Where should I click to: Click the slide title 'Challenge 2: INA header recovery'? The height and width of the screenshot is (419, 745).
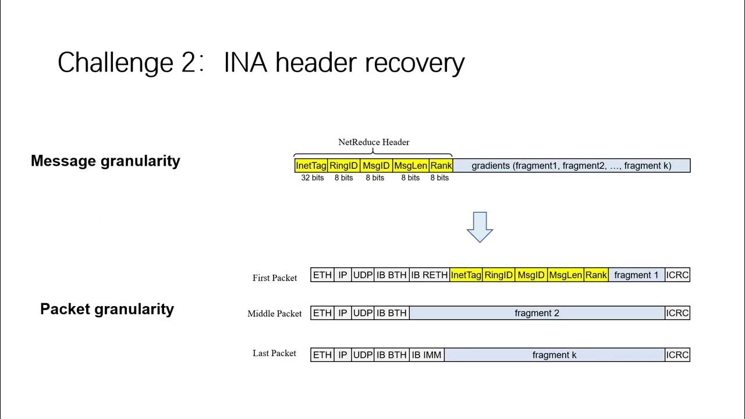click(261, 62)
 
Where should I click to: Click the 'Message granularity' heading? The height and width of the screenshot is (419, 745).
click(105, 161)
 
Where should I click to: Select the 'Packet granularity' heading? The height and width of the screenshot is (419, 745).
click(107, 309)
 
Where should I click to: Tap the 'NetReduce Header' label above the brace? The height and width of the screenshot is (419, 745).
click(374, 142)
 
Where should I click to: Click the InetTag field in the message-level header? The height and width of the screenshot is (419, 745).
click(311, 166)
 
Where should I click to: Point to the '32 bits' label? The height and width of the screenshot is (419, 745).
click(313, 178)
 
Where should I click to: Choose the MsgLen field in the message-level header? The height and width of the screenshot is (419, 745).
click(410, 166)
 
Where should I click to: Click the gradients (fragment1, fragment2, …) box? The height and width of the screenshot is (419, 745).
click(571, 166)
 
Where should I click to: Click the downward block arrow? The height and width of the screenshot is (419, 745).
click(480, 227)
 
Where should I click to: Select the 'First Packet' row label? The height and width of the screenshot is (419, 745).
click(275, 278)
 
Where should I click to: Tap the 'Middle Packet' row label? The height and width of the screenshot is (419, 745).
click(275, 314)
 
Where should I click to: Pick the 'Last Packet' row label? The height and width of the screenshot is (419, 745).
click(275, 353)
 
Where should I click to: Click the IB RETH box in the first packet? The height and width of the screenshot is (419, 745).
click(429, 275)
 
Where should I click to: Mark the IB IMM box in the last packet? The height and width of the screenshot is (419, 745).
click(427, 355)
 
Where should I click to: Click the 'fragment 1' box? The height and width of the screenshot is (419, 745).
click(636, 275)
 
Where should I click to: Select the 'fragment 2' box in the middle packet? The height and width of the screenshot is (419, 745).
click(537, 313)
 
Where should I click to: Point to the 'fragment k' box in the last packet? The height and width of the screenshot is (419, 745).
click(554, 355)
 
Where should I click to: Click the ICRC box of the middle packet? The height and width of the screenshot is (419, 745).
click(677, 313)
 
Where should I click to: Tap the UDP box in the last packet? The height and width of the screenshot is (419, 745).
click(363, 355)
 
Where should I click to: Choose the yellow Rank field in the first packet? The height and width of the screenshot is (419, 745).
click(596, 275)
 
